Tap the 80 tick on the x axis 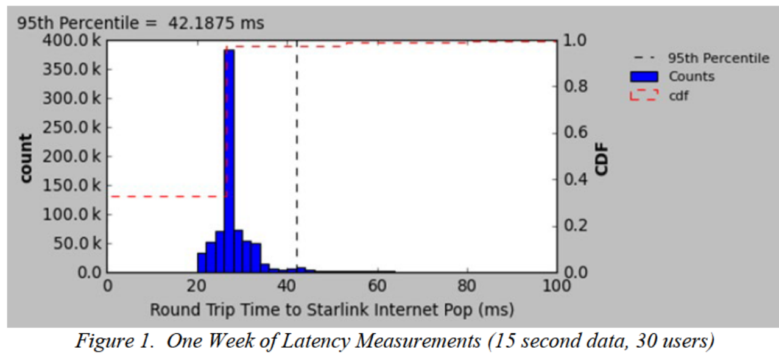pos(467,285)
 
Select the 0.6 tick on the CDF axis pos(574,133)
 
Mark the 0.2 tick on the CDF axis pos(574,226)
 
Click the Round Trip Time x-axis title pos(332,310)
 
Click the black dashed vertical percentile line pos(297,152)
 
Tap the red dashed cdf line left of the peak pos(164,196)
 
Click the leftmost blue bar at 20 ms pos(202,263)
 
